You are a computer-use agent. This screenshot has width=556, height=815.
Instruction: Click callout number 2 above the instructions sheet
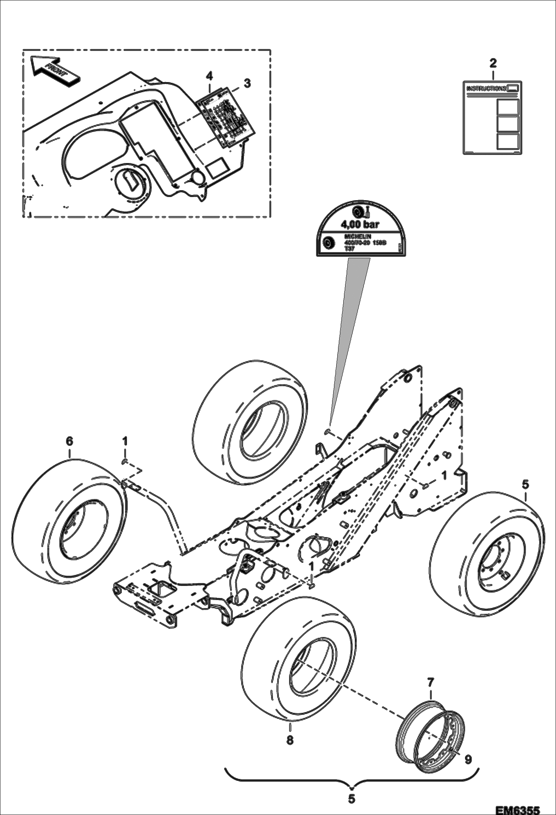pos(493,63)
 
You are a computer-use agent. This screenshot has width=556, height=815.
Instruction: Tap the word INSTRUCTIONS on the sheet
pos(486,88)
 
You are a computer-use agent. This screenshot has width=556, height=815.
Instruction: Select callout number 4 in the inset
pos(209,76)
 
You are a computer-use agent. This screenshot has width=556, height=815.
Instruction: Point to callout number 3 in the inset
pos(247,83)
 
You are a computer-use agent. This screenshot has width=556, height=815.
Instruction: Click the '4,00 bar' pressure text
pos(360,224)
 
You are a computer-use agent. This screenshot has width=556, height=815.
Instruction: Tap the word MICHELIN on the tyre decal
pos(358,237)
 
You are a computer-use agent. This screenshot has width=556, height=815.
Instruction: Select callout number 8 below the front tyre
pos(290,740)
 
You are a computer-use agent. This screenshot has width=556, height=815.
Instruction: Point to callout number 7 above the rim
pos(430,682)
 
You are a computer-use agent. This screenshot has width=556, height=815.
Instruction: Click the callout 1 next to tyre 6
pos(125,441)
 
